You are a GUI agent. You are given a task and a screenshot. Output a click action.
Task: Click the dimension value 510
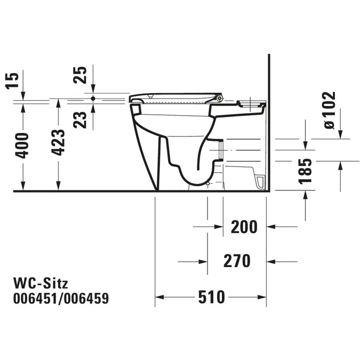pyautogui.click(x=211, y=297)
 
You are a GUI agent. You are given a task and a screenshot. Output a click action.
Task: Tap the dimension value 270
pyautogui.click(x=237, y=261)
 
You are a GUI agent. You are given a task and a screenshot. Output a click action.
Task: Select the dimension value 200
pyautogui.click(x=244, y=227)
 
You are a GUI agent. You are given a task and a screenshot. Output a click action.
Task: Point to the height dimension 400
pyautogui.click(x=22, y=146)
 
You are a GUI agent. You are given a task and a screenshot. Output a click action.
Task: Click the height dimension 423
pyautogui.click(x=58, y=142)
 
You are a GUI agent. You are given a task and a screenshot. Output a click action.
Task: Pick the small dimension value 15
pyautogui.click(x=12, y=81)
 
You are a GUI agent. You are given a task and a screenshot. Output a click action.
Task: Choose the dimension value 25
pyautogui.click(x=80, y=75)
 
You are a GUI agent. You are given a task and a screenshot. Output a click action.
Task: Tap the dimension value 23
pyautogui.click(x=80, y=120)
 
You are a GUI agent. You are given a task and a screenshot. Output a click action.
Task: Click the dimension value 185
pyautogui.click(x=305, y=171)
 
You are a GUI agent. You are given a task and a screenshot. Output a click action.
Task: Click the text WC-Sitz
pyautogui.click(x=41, y=283)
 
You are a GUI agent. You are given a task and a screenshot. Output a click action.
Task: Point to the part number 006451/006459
pyautogui.click(x=61, y=299)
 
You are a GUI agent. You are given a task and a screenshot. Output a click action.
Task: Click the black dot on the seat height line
pyautogui.click(x=93, y=99)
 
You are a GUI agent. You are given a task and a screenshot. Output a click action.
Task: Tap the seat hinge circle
pyautogui.click(x=220, y=98)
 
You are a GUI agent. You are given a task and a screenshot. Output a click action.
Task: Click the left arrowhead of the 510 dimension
pyautogui.click(x=159, y=297)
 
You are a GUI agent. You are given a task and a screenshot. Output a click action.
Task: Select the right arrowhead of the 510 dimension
pyautogui.click(x=262, y=297)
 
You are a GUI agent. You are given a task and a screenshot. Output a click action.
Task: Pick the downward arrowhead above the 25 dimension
pyautogui.click(x=93, y=89)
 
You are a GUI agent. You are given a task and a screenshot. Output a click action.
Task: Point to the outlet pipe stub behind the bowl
pyautogui.click(x=221, y=150)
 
